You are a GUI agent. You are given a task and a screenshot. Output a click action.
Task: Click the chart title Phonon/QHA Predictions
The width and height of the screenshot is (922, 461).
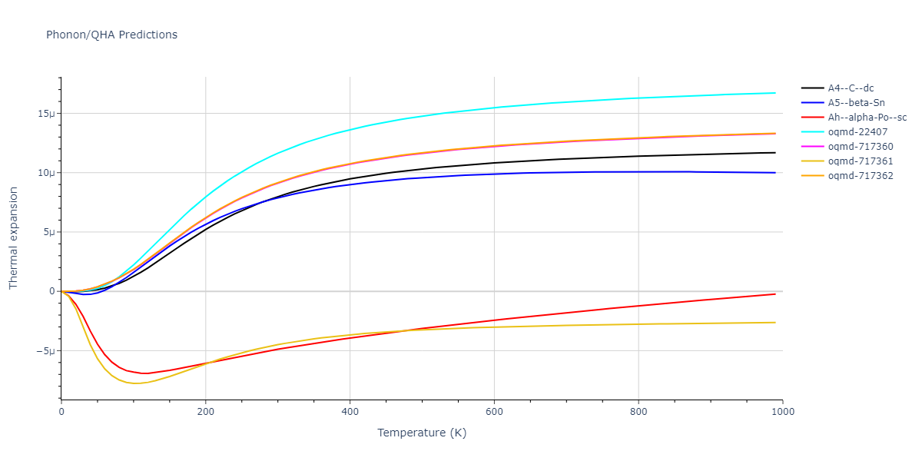(111, 35)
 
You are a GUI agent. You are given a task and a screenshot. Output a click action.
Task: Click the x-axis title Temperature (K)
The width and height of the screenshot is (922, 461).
(422, 433)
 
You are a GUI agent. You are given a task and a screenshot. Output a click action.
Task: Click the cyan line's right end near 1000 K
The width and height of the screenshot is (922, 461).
(774, 93)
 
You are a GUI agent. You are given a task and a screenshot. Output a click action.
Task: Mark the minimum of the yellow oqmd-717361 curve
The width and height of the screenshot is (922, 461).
(136, 383)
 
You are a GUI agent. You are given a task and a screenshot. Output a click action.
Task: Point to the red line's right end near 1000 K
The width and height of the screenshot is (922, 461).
(774, 294)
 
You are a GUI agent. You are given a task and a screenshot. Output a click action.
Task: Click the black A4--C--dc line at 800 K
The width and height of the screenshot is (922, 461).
(638, 156)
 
